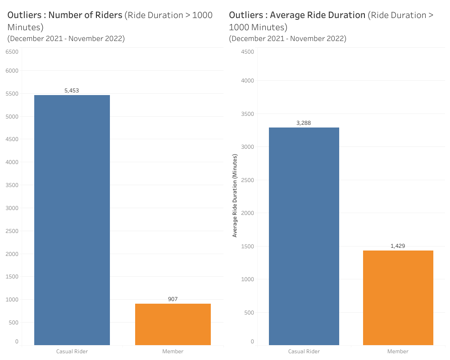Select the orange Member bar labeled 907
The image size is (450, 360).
(173, 324)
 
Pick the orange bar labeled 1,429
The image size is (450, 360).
(398, 298)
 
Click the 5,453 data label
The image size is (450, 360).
(72, 91)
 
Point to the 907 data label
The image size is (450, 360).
(173, 299)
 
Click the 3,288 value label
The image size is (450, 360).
(304, 123)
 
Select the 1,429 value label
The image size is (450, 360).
(398, 246)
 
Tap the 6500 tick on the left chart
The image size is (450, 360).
(12, 52)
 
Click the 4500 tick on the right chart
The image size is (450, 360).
(247, 52)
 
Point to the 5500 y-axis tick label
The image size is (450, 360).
(12, 94)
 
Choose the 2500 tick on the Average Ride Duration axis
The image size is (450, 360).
(247, 180)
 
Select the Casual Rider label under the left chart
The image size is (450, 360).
(72, 351)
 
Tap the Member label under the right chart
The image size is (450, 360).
(398, 351)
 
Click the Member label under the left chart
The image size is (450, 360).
(173, 351)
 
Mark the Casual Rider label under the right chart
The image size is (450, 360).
(304, 351)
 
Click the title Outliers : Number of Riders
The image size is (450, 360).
(65, 15)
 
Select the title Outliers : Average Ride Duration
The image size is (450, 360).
(297, 15)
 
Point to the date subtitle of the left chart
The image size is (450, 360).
(66, 38)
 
